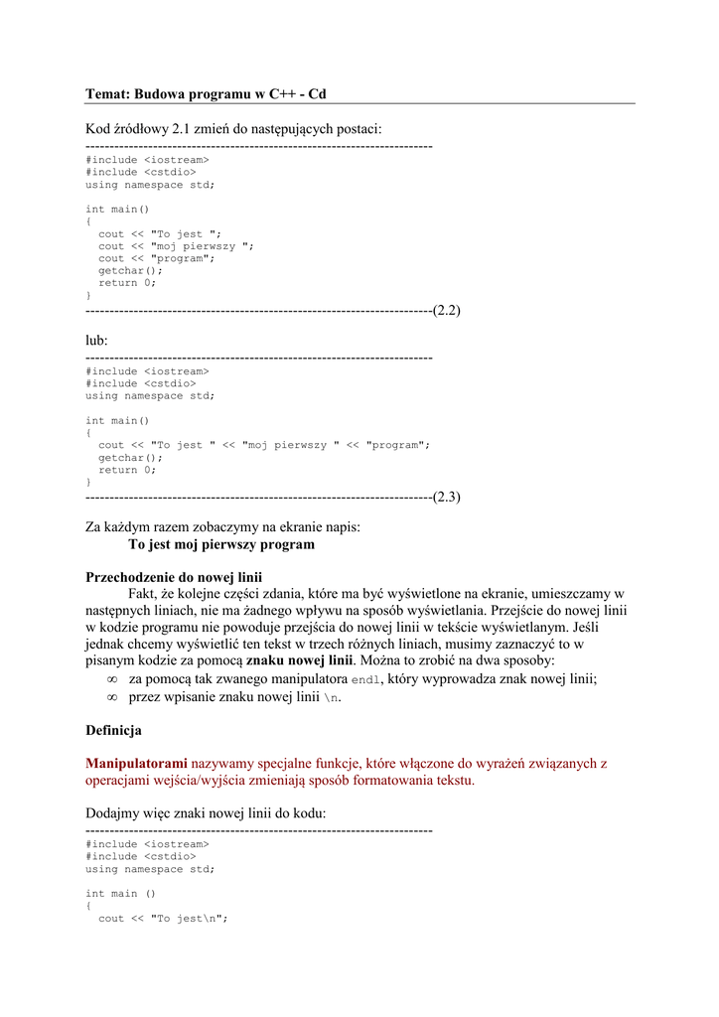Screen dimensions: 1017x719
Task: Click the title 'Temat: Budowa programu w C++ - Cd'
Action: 206,94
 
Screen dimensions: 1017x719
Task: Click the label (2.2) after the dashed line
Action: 446,310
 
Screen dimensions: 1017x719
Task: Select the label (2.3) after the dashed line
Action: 446,497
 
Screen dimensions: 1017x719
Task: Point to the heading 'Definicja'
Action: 113,730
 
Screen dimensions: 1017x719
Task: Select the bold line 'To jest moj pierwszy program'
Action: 221,544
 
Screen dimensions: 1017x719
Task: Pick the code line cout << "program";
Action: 156,258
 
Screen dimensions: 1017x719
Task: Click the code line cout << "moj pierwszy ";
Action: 176,246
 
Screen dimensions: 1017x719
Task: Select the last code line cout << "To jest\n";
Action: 163,919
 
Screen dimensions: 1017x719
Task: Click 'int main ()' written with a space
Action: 120,894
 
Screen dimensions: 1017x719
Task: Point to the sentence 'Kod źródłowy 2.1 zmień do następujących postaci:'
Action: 233,129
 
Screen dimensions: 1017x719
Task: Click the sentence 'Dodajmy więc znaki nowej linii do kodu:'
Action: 206,813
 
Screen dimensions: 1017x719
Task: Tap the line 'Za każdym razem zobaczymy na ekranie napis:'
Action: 222,527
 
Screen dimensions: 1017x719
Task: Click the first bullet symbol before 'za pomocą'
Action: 112,679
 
